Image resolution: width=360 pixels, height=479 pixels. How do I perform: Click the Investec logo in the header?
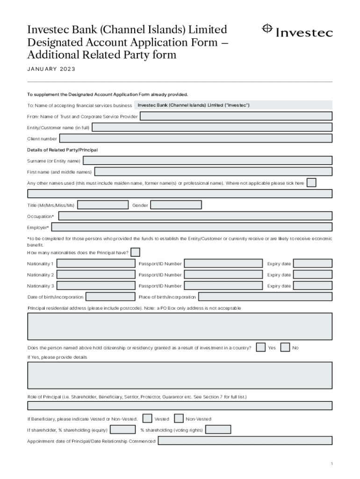(297, 31)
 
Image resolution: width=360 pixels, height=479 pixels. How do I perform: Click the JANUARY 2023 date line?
(51, 69)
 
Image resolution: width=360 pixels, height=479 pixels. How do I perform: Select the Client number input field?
(195, 138)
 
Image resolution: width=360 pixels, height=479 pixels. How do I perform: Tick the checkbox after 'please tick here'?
(311, 182)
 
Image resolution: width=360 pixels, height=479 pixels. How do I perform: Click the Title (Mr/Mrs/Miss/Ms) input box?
(102, 205)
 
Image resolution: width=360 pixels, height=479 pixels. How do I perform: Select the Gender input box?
(176, 205)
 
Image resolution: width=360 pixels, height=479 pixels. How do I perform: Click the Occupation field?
(195, 216)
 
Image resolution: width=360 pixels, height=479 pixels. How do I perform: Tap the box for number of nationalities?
(136, 252)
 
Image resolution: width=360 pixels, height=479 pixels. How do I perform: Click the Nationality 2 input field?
(96, 275)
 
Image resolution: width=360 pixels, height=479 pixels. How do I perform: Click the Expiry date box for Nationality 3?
(312, 285)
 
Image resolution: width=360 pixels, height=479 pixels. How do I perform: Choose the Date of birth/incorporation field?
(111, 297)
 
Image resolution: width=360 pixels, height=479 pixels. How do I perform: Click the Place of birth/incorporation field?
(265, 297)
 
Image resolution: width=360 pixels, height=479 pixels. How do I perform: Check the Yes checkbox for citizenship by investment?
(261, 347)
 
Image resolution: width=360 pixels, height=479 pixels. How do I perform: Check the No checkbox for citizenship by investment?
(285, 347)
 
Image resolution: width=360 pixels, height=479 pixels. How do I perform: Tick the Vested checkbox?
(147, 418)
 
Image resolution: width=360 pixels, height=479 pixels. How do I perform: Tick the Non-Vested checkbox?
(179, 418)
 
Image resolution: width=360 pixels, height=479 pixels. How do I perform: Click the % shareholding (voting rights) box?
(218, 429)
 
